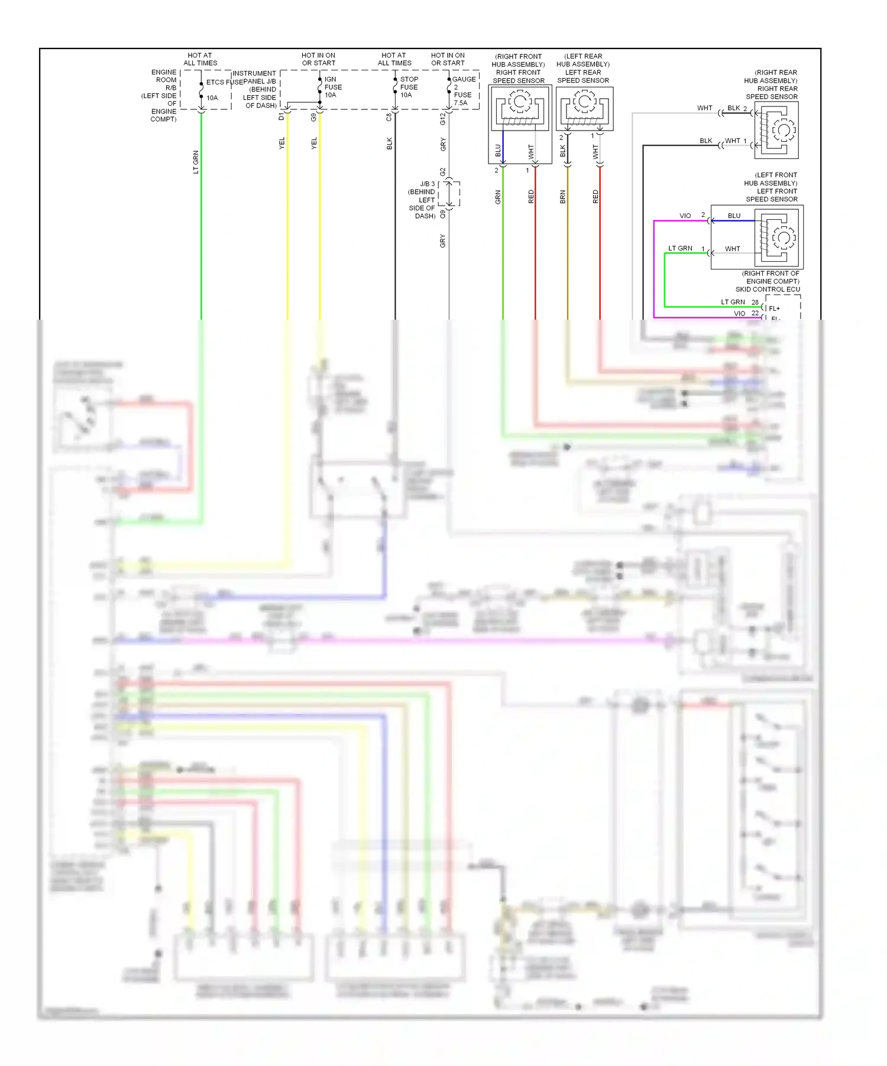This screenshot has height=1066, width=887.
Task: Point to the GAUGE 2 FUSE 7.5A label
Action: pyautogui.click(x=463, y=90)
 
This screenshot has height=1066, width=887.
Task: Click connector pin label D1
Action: pyautogui.click(x=281, y=117)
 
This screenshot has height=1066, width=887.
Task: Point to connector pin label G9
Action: pyautogui.click(x=313, y=117)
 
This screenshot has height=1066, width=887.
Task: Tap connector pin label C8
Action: pyautogui.click(x=389, y=117)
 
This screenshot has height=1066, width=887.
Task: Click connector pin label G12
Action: pyautogui.click(x=442, y=119)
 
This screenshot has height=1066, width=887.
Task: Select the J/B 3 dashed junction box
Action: pyautogui.click(x=449, y=193)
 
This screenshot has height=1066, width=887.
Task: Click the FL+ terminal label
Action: pyautogui.click(x=774, y=308)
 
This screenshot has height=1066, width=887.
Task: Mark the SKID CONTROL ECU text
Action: pyautogui.click(x=767, y=290)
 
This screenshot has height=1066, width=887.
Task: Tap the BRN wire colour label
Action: pyautogui.click(x=562, y=197)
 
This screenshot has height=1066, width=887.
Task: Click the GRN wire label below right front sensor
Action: pyautogui.click(x=498, y=197)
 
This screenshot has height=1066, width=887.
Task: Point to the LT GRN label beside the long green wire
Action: pyautogui.click(x=196, y=162)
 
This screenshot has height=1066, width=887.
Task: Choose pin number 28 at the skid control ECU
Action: pyautogui.click(x=755, y=302)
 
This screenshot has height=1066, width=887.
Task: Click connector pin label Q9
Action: pyautogui.click(x=442, y=214)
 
